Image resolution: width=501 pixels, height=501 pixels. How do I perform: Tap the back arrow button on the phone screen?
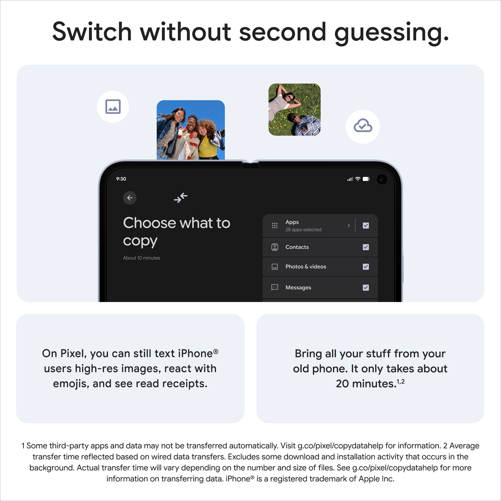coord(130,198)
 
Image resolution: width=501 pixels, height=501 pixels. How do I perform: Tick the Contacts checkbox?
coord(366,247)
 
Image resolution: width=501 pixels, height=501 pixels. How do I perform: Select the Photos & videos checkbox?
coord(366,267)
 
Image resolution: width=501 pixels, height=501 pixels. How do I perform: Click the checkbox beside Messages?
coord(366,288)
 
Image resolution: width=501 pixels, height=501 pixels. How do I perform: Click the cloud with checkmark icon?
coord(363,126)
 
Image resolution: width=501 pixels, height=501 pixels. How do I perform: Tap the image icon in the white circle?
coord(113,107)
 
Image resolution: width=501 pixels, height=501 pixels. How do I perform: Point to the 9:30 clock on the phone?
coord(121,179)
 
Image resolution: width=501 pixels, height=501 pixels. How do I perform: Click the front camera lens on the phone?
coord(382,179)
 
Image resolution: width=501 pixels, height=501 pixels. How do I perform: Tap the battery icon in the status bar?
coord(366,179)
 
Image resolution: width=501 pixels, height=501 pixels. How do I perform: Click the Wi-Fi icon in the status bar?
coord(358,179)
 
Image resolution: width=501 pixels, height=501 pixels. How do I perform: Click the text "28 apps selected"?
coord(303,229)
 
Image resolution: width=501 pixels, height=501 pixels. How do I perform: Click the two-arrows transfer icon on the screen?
coord(181,198)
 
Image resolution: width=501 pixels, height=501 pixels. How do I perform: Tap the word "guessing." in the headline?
coord(392,32)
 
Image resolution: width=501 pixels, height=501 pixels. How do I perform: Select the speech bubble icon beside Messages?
coord(275,287)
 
